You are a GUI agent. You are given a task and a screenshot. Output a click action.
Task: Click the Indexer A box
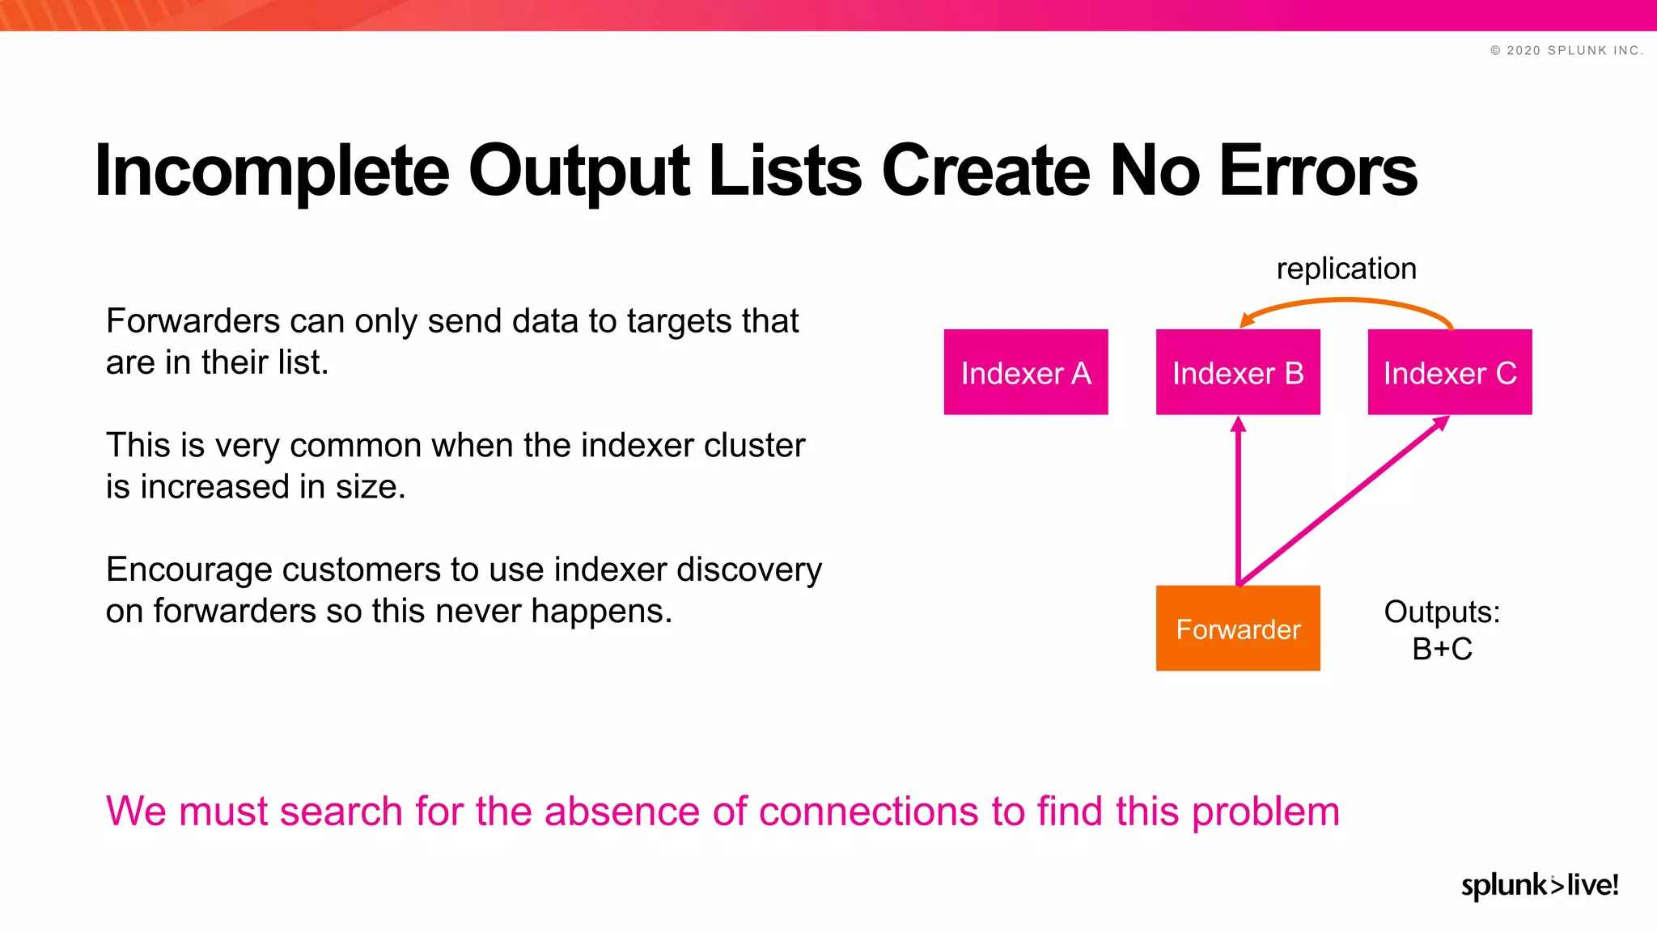[1025, 372]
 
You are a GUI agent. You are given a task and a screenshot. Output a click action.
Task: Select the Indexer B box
[1237, 372]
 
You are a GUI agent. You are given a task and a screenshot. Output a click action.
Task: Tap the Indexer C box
[1449, 372]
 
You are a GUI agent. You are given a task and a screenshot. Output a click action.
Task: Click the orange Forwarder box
[1237, 629]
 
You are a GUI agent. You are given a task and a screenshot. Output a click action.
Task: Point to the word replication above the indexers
[1346, 269]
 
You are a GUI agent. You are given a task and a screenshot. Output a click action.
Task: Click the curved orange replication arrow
[1346, 300]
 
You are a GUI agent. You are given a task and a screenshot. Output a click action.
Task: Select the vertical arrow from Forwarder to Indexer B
[1238, 502]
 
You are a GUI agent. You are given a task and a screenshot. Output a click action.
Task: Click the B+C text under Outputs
[1442, 649]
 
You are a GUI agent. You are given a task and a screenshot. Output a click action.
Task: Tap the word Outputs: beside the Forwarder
[1442, 612]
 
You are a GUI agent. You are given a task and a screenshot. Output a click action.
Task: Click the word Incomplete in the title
[271, 171]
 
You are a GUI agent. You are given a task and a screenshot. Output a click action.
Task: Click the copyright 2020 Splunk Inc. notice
[1566, 50]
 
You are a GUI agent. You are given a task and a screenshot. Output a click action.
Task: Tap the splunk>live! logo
[1539, 884]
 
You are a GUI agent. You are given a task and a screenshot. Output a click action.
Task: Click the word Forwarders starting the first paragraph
[193, 321]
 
